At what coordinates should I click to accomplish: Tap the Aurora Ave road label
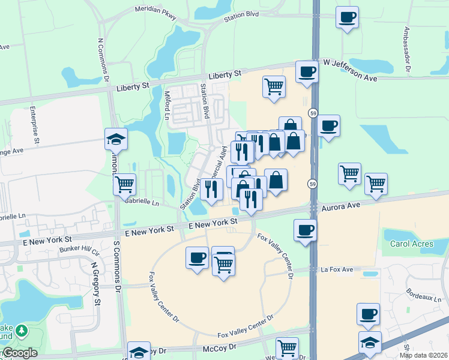tap(340, 205)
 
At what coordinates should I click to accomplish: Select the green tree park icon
tap(22, 331)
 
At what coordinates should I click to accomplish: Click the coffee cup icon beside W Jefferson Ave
tap(307, 72)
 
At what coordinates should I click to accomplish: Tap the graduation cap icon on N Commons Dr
tap(116, 140)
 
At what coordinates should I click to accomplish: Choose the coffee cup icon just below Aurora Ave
tap(306, 230)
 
